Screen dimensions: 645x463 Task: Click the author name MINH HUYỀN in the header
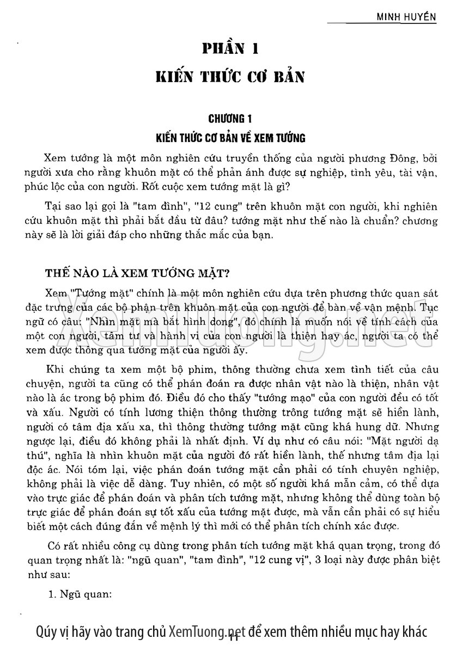pyautogui.click(x=407, y=17)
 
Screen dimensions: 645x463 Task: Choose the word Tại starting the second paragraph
pyautogui.click(x=56, y=207)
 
